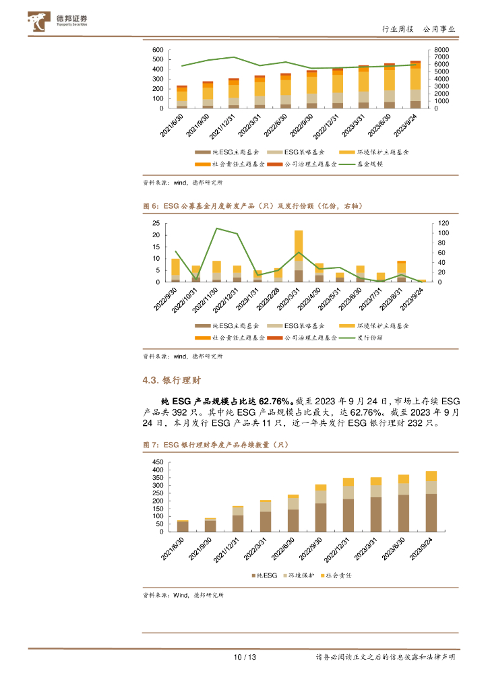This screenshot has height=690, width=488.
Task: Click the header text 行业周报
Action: pos(397,29)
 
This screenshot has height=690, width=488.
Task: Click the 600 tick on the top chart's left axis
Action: pos(158,51)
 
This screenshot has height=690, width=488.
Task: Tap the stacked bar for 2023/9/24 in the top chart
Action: pos(416,84)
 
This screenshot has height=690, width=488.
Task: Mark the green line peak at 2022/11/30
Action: pos(216,228)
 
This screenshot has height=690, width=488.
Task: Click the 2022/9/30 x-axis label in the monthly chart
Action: pos(165,299)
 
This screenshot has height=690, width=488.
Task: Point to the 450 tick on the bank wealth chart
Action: pos(158,462)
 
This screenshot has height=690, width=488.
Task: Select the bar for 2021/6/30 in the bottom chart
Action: pos(183,526)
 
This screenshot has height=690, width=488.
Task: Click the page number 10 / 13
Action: pos(244,657)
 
